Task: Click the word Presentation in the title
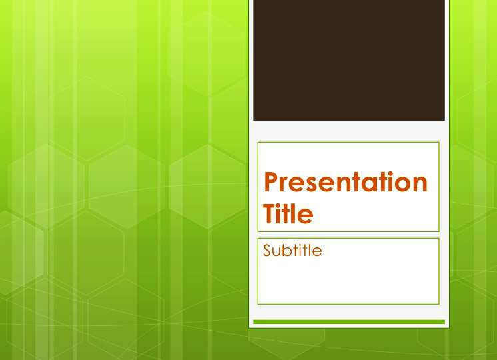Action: point(346,182)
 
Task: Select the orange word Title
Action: point(288,213)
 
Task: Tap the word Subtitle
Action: point(292,250)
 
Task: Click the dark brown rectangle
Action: point(349,60)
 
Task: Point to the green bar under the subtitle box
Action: point(349,322)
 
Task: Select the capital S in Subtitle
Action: point(268,250)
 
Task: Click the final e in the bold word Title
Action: point(306,216)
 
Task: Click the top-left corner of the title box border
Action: point(258,143)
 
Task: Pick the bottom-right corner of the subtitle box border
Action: point(439,304)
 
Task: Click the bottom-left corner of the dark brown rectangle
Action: point(253,121)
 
